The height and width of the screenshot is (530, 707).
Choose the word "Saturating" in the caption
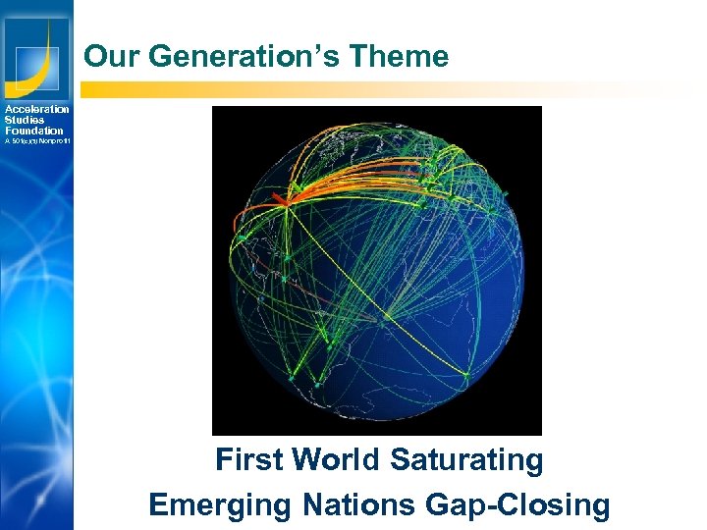pos(466,459)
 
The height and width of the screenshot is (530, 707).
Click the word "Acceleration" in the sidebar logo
pos(36,109)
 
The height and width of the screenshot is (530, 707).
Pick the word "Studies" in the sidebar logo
pos(25,120)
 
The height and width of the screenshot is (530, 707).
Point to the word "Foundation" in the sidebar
pos(33,131)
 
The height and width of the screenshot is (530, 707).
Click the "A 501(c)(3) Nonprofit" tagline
pos(36,141)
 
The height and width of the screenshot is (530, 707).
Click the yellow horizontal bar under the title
pos(393,89)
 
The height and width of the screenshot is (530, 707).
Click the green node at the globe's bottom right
pos(464,373)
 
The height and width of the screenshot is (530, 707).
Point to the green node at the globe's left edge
pos(240,238)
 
